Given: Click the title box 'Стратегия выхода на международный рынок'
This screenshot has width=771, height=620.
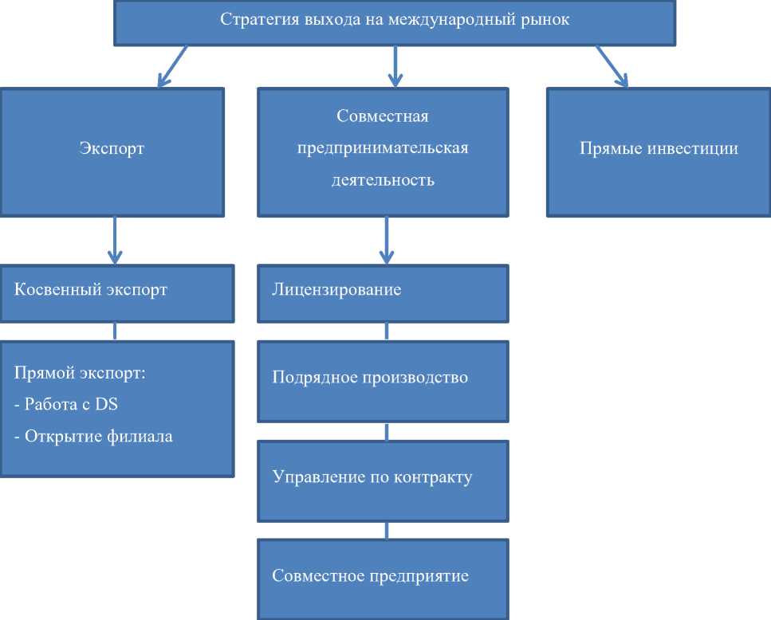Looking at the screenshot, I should click(395, 22).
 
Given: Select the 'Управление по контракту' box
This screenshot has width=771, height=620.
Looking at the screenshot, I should click(382, 478).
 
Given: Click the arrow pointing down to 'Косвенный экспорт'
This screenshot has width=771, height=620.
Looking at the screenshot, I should click(115, 239).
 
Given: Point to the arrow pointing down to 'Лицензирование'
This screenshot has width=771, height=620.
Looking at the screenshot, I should click(387, 239).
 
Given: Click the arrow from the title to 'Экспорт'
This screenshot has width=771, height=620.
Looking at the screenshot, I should click(173, 65).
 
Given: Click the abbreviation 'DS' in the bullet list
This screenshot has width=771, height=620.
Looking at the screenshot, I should click(106, 405).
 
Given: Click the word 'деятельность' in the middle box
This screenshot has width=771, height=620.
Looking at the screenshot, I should click(383, 180).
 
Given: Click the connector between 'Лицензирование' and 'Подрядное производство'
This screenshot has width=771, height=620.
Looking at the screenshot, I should click(387, 330).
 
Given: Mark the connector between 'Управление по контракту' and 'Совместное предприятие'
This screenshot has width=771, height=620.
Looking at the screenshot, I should click(387, 530).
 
